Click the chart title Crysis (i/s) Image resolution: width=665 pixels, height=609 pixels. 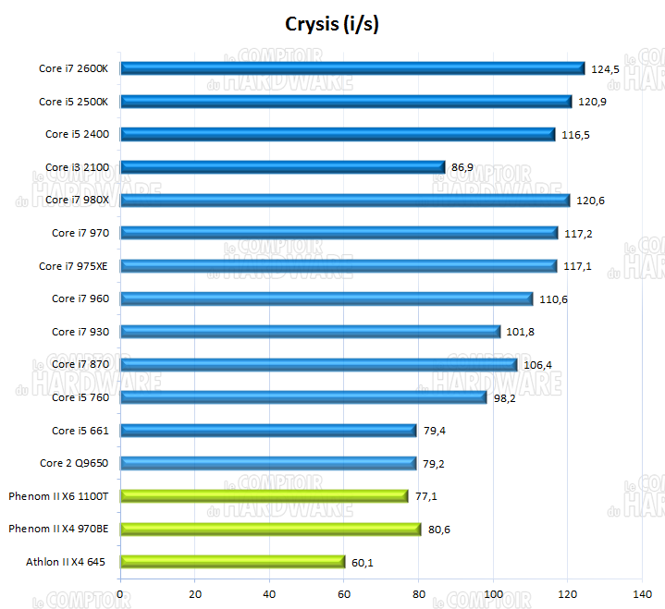(332, 24)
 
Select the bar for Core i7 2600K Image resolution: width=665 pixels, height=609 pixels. (352, 67)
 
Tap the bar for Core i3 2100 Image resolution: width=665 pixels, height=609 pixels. (283, 166)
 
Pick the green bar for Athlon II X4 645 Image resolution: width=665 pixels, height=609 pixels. (233, 561)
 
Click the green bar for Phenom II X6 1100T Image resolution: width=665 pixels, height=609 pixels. (265, 495)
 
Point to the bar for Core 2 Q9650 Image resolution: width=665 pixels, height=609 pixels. (268, 463)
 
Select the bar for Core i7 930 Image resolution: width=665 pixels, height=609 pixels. (311, 331)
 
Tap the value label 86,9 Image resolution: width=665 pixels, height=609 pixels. (463, 167)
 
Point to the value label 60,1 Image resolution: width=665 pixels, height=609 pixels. (363, 562)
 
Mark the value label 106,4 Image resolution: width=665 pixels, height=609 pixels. (538, 365)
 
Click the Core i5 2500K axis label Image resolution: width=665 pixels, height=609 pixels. (74, 101)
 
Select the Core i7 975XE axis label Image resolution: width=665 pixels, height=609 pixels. (74, 266)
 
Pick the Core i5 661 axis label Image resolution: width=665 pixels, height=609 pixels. (80, 431)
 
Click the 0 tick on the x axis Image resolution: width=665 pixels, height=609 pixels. (121, 592)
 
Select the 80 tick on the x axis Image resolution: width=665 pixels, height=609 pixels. (418, 592)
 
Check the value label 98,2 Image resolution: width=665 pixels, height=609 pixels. (505, 398)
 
